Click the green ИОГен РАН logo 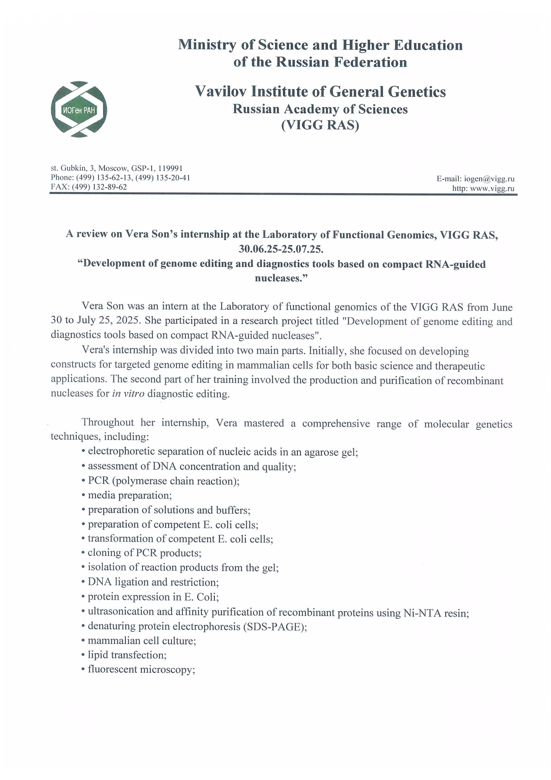[x=79, y=109]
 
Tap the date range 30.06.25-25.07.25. [x=281, y=249]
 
